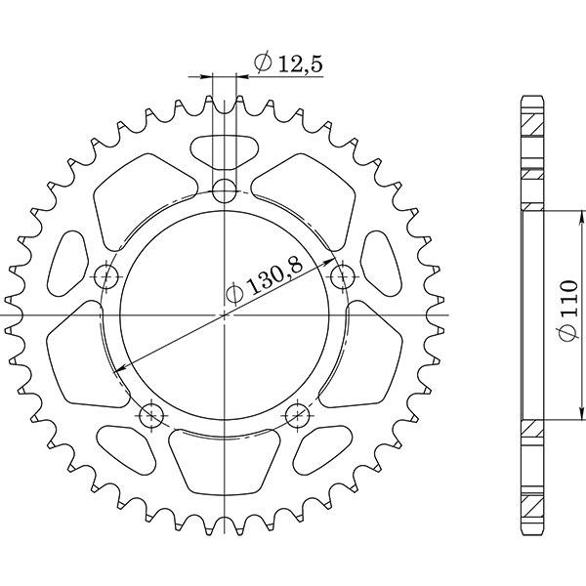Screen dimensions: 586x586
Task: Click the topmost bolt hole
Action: tap(226, 188)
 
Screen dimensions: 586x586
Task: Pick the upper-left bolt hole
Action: tap(107, 275)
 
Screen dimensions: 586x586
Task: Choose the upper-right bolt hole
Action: tap(341, 276)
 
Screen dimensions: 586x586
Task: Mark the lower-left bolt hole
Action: tap(150, 416)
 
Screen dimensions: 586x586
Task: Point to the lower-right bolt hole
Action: tap(298, 416)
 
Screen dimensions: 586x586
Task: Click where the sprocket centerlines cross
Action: tap(226, 314)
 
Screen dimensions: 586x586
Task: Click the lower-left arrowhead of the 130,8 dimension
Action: tap(119, 369)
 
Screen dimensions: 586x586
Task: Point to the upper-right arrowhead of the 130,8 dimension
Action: tap(331, 261)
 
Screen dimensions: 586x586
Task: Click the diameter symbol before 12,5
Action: tap(262, 64)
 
